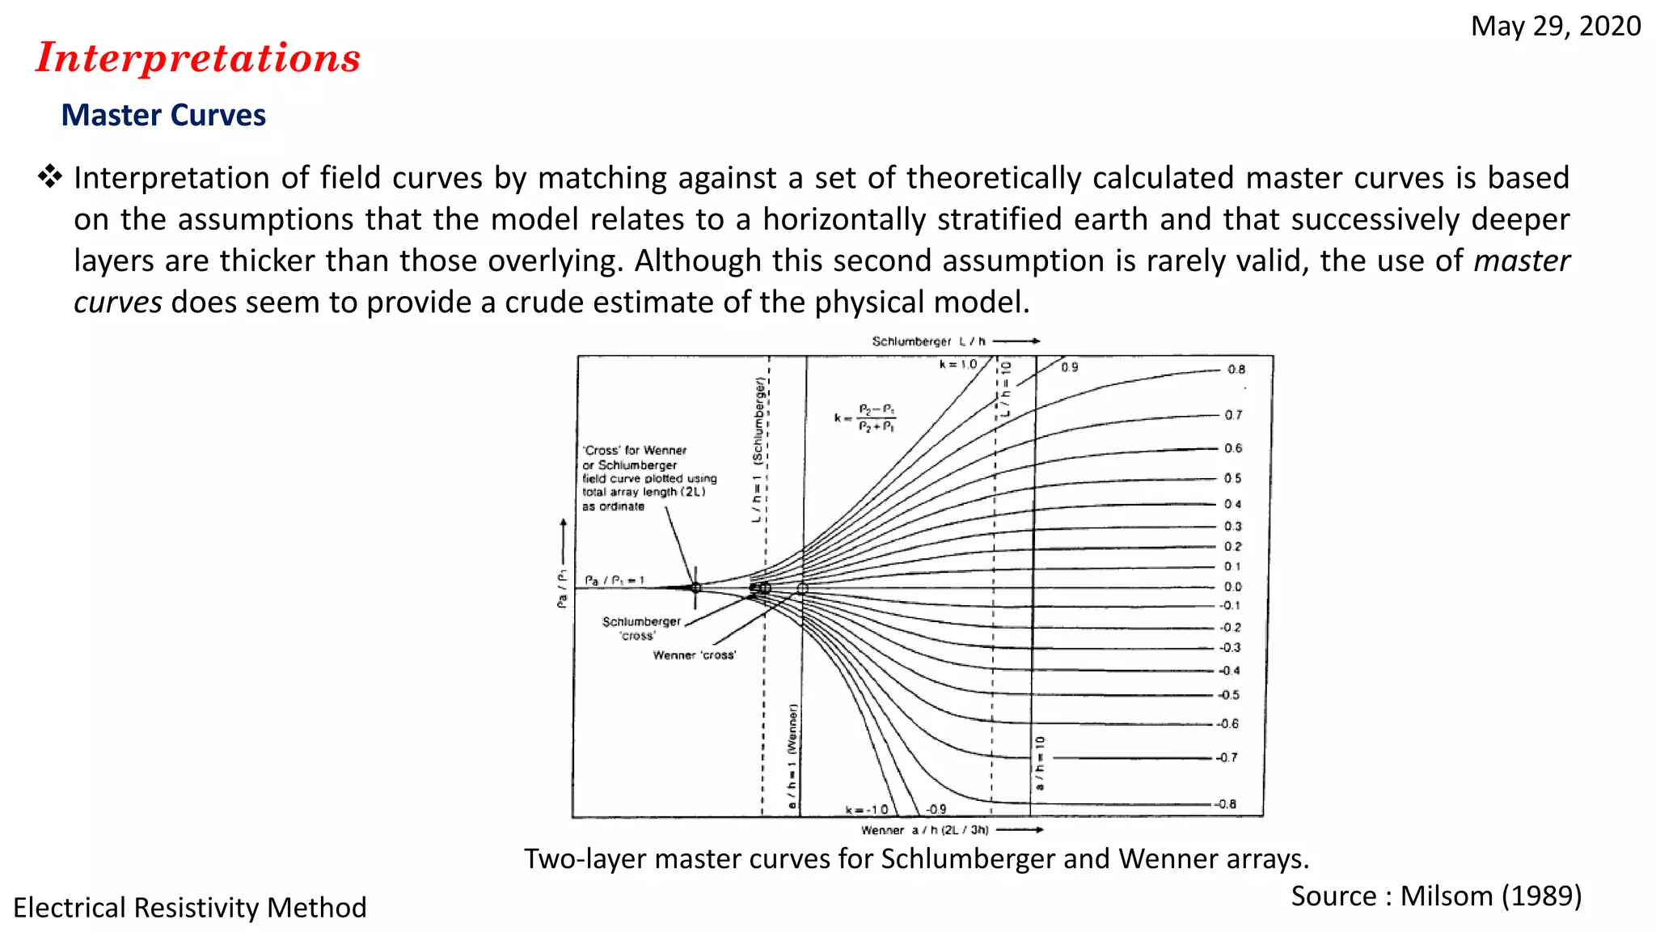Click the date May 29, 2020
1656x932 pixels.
(x=1555, y=27)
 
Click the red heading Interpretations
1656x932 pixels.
(x=198, y=58)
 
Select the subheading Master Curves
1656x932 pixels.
(x=163, y=116)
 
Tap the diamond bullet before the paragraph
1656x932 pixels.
(x=50, y=176)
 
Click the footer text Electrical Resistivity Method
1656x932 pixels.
(x=190, y=908)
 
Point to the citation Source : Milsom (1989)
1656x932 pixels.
(x=1436, y=896)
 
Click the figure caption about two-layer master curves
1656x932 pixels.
(x=916, y=858)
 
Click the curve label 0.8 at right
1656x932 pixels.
(x=1236, y=370)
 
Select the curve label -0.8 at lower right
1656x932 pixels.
(x=1226, y=804)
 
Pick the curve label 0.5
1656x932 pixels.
(x=1232, y=478)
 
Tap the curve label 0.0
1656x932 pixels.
(x=1232, y=587)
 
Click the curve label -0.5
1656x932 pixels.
(x=1229, y=695)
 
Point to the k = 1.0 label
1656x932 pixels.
(x=958, y=365)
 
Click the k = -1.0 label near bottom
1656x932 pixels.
(x=867, y=810)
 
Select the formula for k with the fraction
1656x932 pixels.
(x=866, y=417)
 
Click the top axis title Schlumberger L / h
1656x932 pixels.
(x=929, y=341)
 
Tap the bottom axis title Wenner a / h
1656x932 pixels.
(x=925, y=830)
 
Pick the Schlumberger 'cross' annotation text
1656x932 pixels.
(x=641, y=628)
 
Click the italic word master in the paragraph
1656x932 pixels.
(x=1521, y=261)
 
